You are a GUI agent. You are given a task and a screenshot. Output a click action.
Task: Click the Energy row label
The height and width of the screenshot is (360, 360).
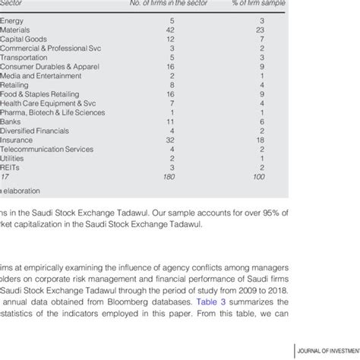click(x=13, y=20)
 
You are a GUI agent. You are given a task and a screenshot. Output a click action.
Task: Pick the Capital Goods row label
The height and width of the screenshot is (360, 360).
click(x=24, y=39)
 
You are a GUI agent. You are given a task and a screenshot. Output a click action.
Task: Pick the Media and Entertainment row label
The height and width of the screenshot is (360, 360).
click(x=38, y=76)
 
